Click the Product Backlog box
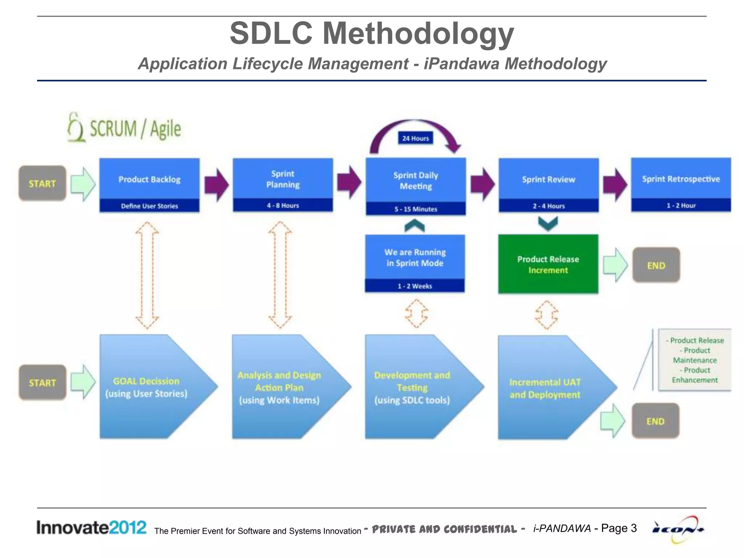tap(149, 179)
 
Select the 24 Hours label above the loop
tap(415, 138)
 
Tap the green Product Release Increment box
tap(548, 264)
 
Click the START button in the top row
tap(43, 183)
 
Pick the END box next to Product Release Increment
tap(656, 265)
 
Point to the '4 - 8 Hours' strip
tap(283, 205)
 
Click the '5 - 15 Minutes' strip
tap(416, 209)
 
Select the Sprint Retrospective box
tap(681, 179)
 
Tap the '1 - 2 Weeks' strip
tap(415, 286)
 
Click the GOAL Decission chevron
tap(153, 387)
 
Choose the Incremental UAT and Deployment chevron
tap(549, 388)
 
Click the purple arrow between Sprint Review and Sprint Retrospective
tap(615, 185)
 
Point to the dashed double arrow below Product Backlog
tap(147, 275)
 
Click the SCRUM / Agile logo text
tap(134, 129)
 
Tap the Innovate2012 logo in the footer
tap(91, 527)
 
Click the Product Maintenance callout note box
tap(694, 360)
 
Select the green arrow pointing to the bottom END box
tap(612, 421)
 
